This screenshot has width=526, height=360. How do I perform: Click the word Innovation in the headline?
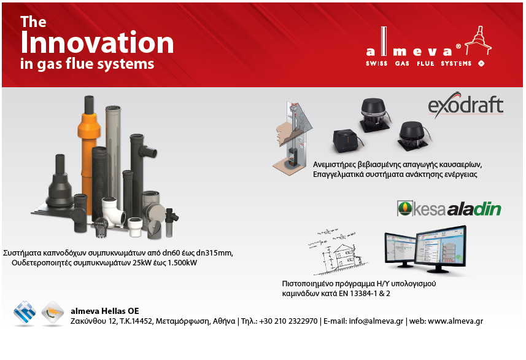pyautogui.click(x=97, y=42)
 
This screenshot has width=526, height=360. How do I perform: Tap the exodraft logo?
pyautogui.click(x=466, y=105)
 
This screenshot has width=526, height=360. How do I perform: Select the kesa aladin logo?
pyautogui.click(x=449, y=208)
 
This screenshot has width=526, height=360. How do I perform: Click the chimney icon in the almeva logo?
pyautogui.click(x=479, y=41)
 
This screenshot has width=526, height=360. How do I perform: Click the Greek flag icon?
pyautogui.click(x=25, y=313)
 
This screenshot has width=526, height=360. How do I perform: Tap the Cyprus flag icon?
pyautogui.click(x=53, y=313)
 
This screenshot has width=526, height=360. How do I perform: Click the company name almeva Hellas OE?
pyautogui.click(x=105, y=311)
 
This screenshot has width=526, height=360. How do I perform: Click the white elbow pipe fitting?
pyautogui.click(x=114, y=210)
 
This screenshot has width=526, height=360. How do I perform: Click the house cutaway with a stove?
pyautogui.click(x=292, y=138)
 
